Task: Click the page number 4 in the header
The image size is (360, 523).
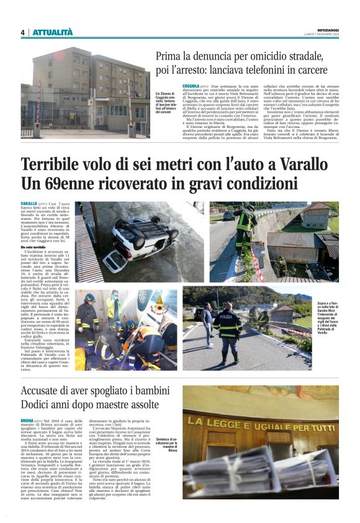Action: [x=22, y=32]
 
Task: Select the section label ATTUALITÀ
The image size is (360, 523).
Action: [x=53, y=32]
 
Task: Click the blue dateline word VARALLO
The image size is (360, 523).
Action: [x=29, y=204]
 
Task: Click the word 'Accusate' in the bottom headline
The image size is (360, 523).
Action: [x=50, y=392]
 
